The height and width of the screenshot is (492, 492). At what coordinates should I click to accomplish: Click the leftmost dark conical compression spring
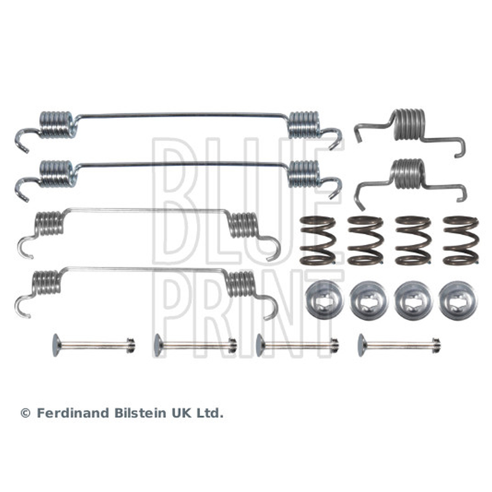[317, 240]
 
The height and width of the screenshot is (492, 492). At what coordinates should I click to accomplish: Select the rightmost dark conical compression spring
[461, 240]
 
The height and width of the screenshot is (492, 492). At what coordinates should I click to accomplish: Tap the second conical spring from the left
[365, 240]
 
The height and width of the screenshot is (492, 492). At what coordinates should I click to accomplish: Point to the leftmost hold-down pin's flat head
[57, 345]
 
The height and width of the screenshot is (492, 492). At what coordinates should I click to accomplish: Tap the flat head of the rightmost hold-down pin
[362, 345]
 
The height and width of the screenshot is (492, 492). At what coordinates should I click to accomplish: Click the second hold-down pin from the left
[195, 345]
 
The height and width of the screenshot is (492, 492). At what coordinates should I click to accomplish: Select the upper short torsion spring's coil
[410, 124]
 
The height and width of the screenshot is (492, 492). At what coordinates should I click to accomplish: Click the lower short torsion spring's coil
[408, 173]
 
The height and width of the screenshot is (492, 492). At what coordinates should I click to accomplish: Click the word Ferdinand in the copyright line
[74, 413]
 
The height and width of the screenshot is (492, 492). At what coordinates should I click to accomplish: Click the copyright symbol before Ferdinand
[25, 413]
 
